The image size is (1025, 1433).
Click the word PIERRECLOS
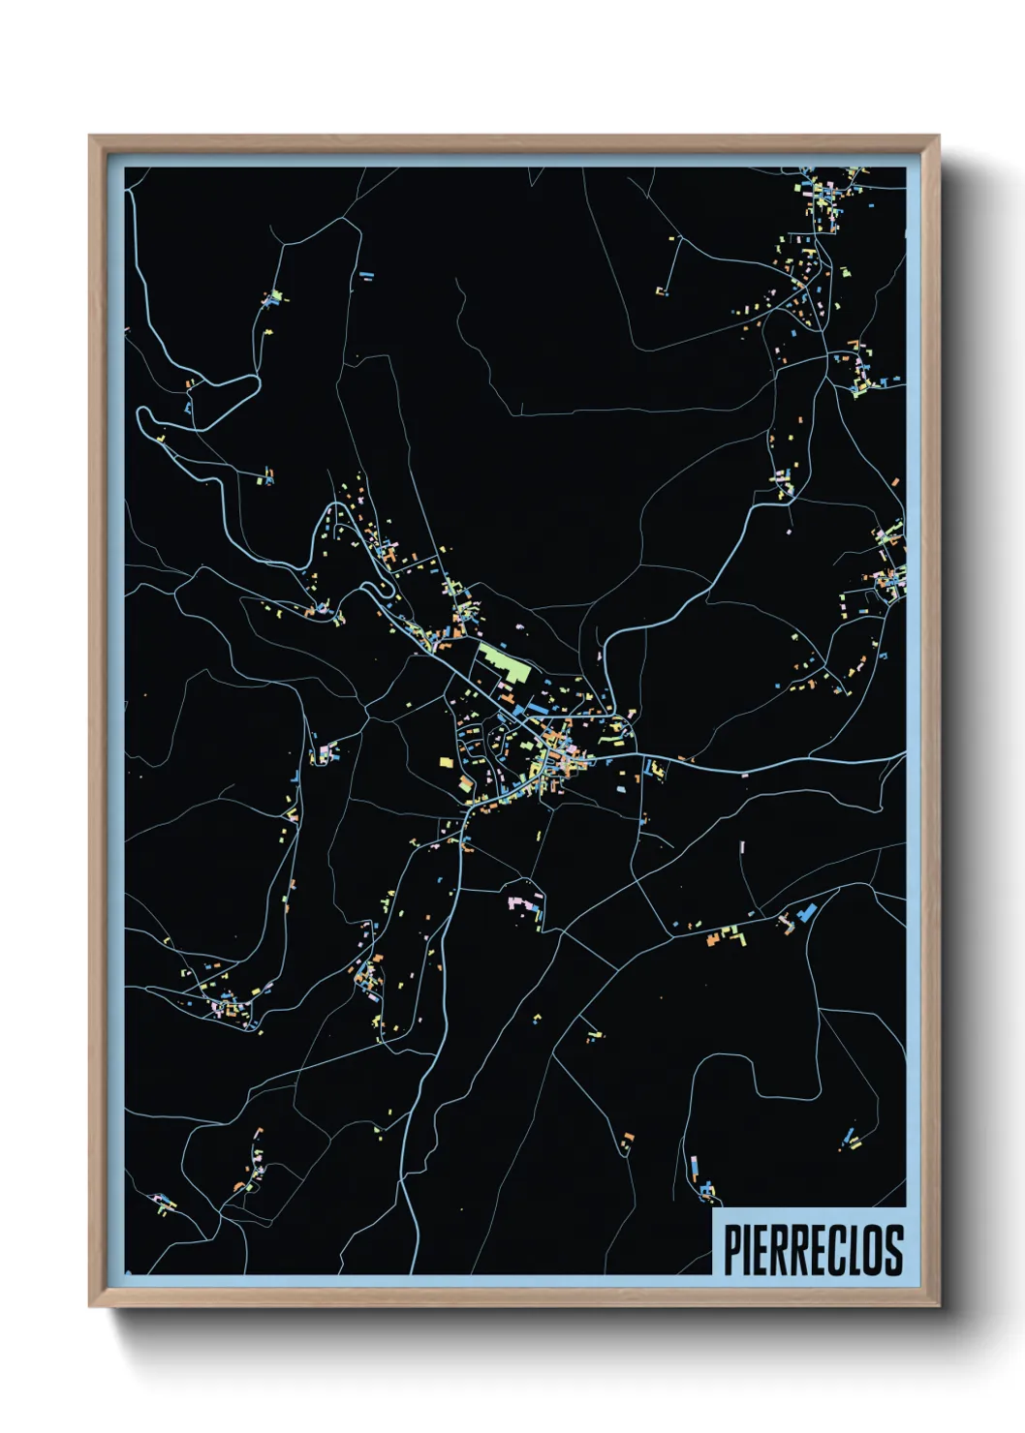click(x=813, y=1250)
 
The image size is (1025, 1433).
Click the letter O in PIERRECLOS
click(x=875, y=1250)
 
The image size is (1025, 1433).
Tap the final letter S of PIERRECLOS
click(x=894, y=1250)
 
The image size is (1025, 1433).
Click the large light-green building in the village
click(x=505, y=663)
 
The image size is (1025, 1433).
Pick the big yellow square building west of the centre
click(x=447, y=762)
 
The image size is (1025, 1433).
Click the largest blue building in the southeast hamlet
click(x=807, y=911)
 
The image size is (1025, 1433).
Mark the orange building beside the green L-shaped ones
click(x=715, y=937)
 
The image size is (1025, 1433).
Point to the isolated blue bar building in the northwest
click(x=366, y=276)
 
